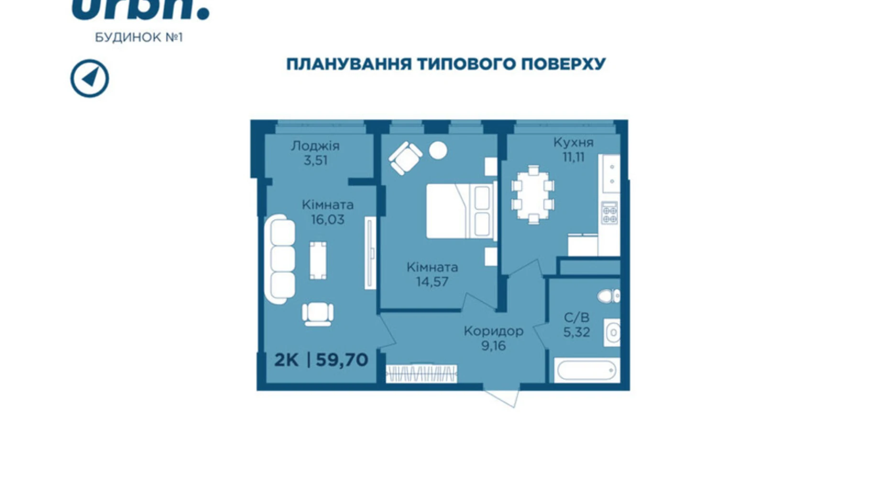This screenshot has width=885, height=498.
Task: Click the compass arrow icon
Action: (x=89, y=78)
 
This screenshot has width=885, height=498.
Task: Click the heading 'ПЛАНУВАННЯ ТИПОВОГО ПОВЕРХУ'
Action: (x=445, y=64)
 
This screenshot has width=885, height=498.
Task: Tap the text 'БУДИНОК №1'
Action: (x=139, y=37)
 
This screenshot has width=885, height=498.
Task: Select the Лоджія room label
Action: (x=315, y=146)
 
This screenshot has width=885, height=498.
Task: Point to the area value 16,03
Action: (x=327, y=219)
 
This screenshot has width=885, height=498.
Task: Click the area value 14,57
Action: (x=432, y=282)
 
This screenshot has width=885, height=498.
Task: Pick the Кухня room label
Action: (x=573, y=142)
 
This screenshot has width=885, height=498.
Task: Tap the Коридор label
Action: (x=493, y=331)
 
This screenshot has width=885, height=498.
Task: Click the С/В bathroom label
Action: (x=576, y=317)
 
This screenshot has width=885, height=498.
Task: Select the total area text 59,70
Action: (x=342, y=360)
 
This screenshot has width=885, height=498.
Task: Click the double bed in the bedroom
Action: (x=461, y=211)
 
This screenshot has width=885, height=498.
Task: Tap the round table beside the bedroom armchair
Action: (x=438, y=150)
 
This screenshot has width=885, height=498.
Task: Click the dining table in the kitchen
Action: (x=532, y=194)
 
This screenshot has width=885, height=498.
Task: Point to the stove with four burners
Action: (x=609, y=213)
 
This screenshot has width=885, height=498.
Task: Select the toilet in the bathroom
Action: (x=608, y=296)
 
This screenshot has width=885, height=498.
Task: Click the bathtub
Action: (x=586, y=370)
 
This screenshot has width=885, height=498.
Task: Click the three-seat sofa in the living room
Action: (x=281, y=259)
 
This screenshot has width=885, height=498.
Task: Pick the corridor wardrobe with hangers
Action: (x=421, y=373)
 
